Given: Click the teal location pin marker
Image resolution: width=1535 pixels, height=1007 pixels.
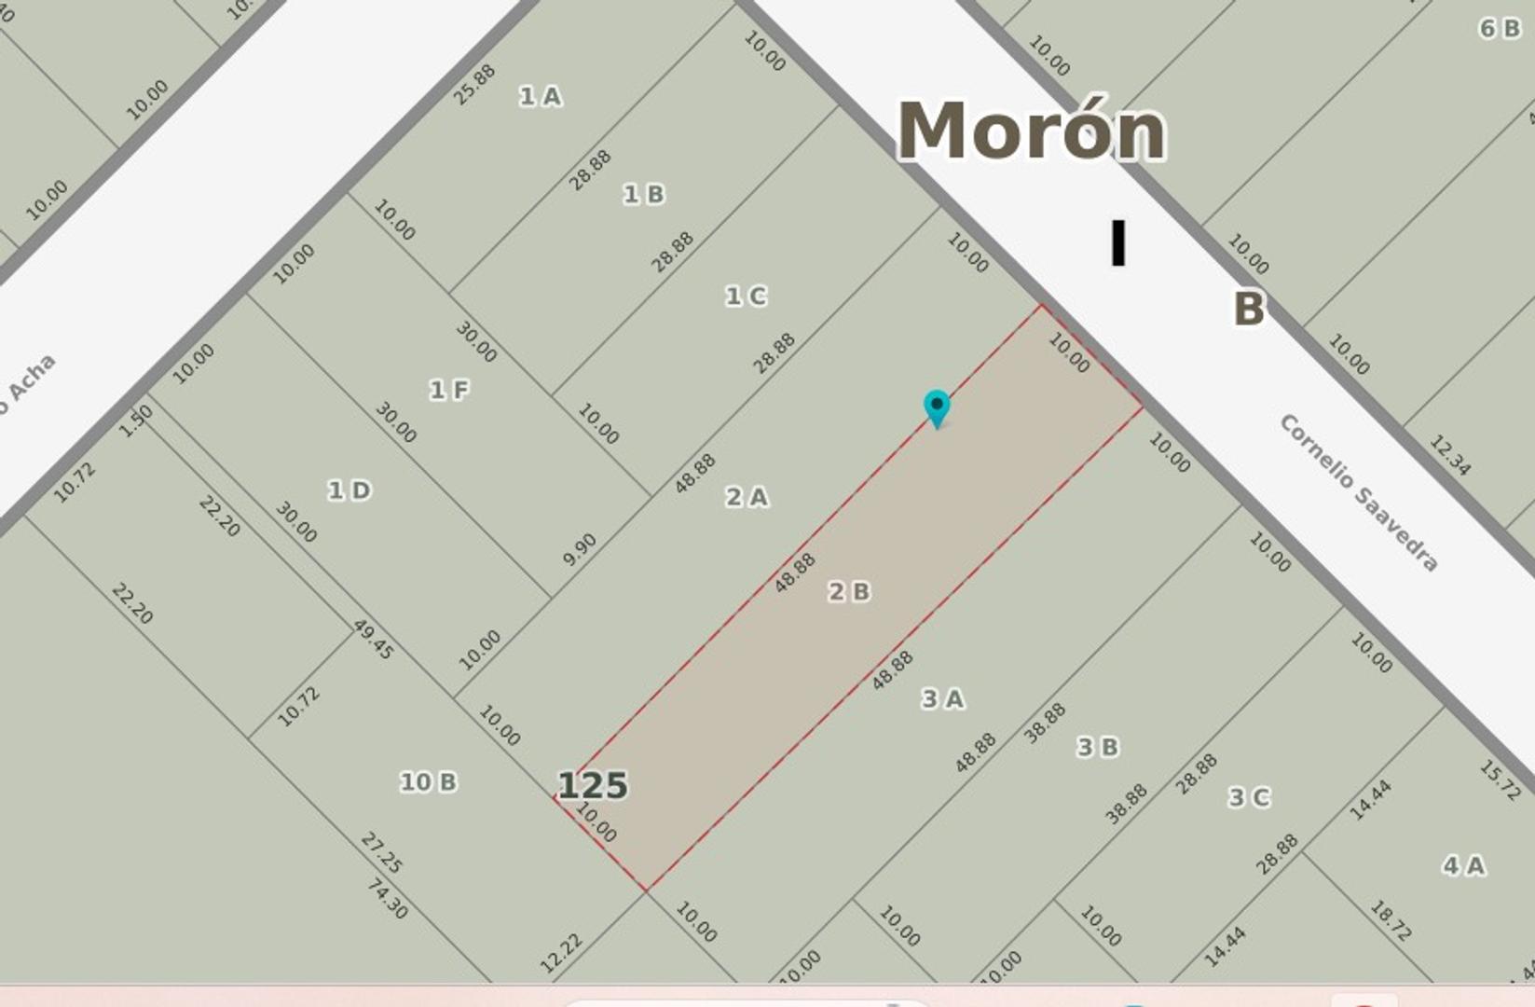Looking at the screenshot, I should pos(936,407).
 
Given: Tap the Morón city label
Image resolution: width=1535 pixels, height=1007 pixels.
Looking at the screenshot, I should pos(1031,131).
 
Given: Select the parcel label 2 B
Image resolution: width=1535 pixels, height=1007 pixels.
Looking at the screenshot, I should pos(849,591).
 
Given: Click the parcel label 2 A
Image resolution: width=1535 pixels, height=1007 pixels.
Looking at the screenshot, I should pos(747,497).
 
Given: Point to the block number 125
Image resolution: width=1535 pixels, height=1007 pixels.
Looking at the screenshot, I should pos(593,785).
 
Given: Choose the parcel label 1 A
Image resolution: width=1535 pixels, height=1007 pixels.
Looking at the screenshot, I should pos(541,96).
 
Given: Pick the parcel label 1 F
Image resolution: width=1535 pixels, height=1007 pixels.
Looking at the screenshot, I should pos(448,390).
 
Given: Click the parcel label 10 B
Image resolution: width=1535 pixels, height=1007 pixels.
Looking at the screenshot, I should pos(428,781).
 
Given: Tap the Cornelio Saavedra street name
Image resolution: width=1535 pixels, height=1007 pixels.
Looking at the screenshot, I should pos(1358,491).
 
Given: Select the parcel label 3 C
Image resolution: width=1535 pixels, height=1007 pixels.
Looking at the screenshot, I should pos(1249,797).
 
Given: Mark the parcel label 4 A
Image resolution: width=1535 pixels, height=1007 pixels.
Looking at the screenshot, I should pos(1463,865).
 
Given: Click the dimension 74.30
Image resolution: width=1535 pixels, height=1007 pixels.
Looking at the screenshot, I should pos(387,898).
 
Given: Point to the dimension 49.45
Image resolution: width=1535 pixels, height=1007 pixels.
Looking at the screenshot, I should pos(373,640).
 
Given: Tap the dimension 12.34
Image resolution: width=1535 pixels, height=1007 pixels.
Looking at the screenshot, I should pos(1450,455).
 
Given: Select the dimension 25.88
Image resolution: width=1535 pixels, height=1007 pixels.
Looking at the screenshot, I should pos(474,85).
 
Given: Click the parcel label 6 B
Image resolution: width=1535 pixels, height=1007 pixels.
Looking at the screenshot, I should pos(1500,29).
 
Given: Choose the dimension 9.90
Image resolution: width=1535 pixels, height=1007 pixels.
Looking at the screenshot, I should pos(580,549).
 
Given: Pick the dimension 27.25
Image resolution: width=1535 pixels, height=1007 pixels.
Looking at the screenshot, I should pos(381,852).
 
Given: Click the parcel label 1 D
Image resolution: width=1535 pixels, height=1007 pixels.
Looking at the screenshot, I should pos(349,490).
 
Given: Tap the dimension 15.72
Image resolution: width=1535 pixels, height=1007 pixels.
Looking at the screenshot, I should pos(1500,780).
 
